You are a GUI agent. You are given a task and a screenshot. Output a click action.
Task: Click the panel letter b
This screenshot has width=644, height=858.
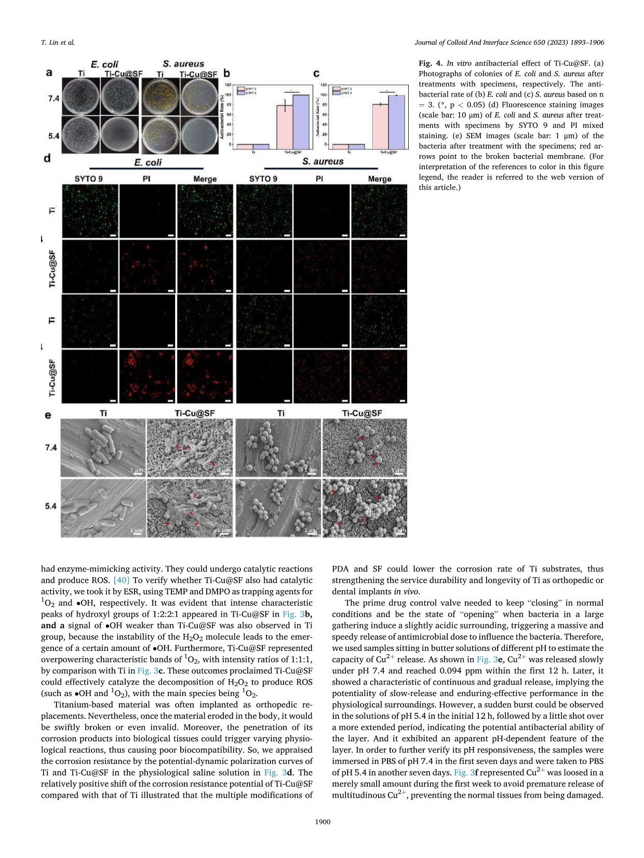(226, 74)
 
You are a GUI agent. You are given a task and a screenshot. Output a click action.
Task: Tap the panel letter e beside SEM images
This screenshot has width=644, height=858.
(48, 415)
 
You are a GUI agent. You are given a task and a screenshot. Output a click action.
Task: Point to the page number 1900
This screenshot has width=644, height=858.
(322, 821)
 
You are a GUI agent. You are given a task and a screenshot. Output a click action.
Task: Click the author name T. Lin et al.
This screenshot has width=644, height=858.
(58, 42)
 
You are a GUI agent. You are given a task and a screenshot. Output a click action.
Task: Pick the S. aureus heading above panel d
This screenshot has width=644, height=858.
(323, 161)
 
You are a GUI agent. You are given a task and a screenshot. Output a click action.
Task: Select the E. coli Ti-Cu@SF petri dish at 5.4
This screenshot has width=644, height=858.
(120, 134)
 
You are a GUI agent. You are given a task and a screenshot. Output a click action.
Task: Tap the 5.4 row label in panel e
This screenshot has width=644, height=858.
(50, 506)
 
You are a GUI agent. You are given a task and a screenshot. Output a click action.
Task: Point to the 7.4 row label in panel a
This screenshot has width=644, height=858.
(53, 98)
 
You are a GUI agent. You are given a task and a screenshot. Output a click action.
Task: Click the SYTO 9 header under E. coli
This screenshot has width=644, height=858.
(88, 179)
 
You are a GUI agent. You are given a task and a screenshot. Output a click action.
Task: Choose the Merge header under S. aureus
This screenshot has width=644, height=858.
(379, 179)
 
